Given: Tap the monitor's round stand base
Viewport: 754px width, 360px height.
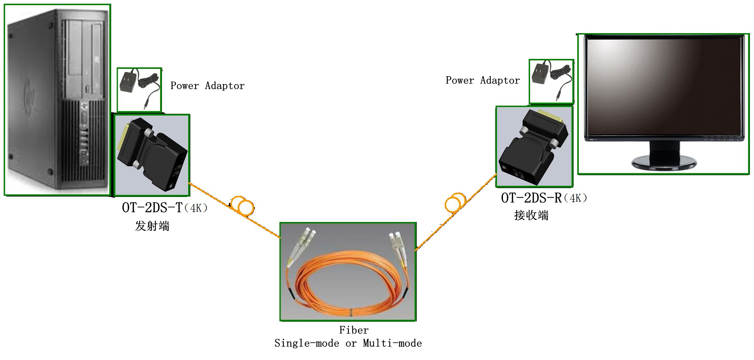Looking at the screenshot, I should coord(664,162).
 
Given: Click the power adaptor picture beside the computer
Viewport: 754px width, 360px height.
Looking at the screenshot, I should coord(139,90).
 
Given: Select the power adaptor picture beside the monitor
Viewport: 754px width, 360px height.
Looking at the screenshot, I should coord(551,82).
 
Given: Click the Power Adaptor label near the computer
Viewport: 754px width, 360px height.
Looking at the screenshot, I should coord(207,86).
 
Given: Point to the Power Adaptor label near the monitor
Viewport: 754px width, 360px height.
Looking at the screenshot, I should coord(483,80).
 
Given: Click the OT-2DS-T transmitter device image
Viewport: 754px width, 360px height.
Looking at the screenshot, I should coord(152,155).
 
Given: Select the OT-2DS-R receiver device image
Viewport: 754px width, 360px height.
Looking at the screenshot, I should coord(534,147).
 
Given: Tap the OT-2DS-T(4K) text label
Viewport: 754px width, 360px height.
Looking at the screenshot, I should coord(165,208).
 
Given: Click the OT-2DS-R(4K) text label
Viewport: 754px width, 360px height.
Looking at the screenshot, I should coord(544,198).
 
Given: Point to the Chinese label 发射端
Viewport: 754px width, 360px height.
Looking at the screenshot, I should coord(152,226).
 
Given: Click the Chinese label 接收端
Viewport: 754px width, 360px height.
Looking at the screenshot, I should coord(531,215).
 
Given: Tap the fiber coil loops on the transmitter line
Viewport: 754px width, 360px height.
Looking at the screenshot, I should coord(243,206).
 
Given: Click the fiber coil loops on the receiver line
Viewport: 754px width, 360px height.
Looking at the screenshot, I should coord(455,202).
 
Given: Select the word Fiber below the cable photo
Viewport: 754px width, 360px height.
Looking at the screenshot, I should coord(353,330).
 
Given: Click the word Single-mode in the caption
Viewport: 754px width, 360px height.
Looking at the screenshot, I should coord(307,343).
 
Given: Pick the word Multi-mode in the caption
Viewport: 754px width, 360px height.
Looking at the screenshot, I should coord(392,343).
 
